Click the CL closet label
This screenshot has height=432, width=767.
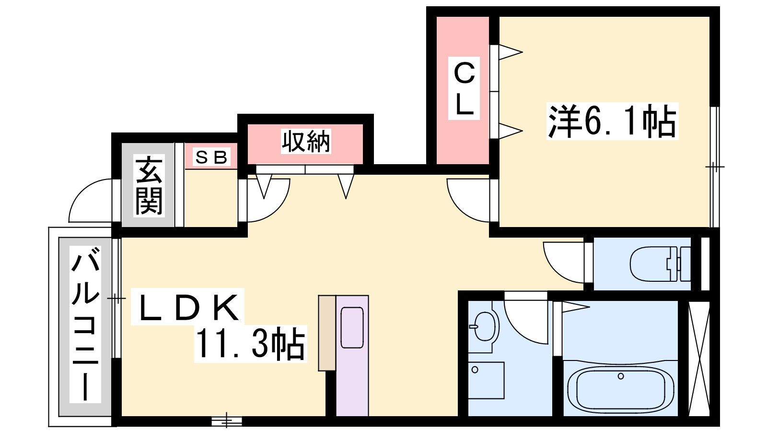[x=464, y=88]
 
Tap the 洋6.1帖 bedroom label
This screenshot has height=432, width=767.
[x=613, y=121]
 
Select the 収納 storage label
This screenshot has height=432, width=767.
[x=306, y=141]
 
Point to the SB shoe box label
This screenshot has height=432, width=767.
[x=211, y=157]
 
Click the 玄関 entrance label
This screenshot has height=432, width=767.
[x=149, y=185]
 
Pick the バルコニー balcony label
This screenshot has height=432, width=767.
[x=85, y=324]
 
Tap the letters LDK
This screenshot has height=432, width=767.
[x=187, y=307]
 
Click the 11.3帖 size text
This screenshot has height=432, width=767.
[x=250, y=344]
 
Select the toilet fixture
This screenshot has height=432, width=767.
[x=660, y=264]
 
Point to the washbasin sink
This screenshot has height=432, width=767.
[x=484, y=326]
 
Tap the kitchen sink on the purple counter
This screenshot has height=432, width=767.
[x=352, y=327]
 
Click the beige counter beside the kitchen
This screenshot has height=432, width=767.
[x=326, y=333]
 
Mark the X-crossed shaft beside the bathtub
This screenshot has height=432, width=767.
[x=699, y=359]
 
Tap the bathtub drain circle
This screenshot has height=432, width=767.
[x=621, y=376]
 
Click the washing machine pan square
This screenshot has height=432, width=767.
[x=486, y=380]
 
